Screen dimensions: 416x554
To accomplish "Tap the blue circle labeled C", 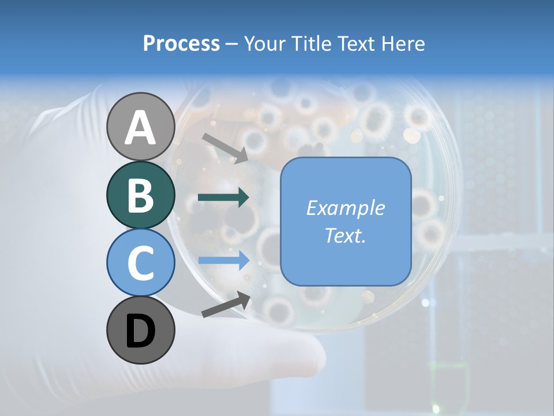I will click(x=140, y=262).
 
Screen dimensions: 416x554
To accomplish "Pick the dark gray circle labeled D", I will click(x=140, y=330).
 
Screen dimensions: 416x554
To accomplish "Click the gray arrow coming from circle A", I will click(x=225, y=148).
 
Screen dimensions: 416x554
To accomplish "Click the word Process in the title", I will click(x=181, y=43).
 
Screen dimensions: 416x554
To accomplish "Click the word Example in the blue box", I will click(x=345, y=208).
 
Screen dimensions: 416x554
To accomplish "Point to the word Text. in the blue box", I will click(x=345, y=236).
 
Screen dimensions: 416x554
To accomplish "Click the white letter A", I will click(x=140, y=128).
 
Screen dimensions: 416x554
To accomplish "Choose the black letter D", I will click(x=140, y=331).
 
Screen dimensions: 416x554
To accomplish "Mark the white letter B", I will click(x=140, y=195).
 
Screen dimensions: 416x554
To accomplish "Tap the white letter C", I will click(x=140, y=263).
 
